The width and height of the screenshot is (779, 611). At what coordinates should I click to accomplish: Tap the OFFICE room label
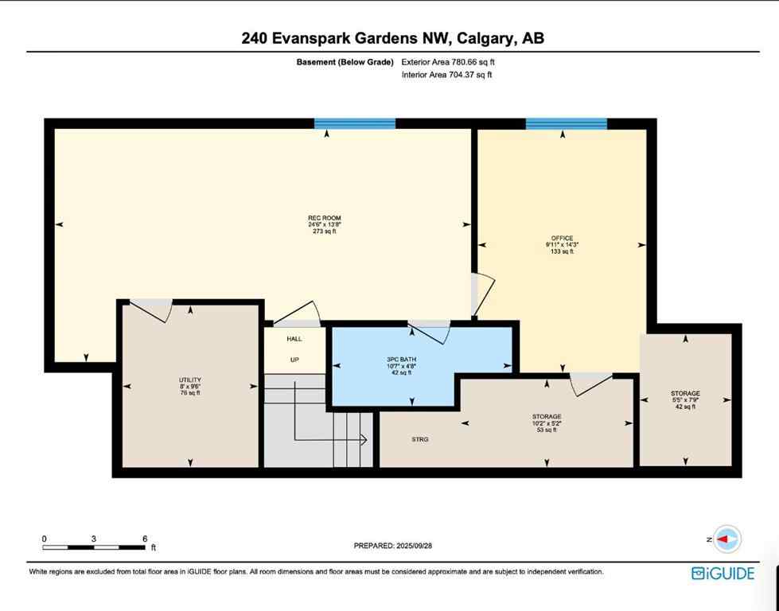click(561, 238)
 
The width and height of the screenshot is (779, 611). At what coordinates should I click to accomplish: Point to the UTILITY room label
click(190, 379)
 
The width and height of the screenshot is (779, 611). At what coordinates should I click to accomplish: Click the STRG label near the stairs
click(420, 439)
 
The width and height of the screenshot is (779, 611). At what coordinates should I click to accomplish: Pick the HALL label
click(294, 339)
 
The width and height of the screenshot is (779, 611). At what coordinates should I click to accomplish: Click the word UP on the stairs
click(294, 360)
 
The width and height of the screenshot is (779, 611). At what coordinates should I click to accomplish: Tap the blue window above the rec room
click(355, 123)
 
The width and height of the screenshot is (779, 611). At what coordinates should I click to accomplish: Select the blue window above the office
click(566, 123)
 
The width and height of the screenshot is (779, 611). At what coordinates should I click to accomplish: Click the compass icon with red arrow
click(726, 539)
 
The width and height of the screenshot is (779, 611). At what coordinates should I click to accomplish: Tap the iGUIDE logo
click(723, 573)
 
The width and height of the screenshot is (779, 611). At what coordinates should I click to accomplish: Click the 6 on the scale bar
click(144, 539)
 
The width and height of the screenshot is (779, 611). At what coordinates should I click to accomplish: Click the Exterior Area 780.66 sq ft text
click(453, 62)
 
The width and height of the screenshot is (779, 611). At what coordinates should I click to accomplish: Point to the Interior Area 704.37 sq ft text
click(447, 75)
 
